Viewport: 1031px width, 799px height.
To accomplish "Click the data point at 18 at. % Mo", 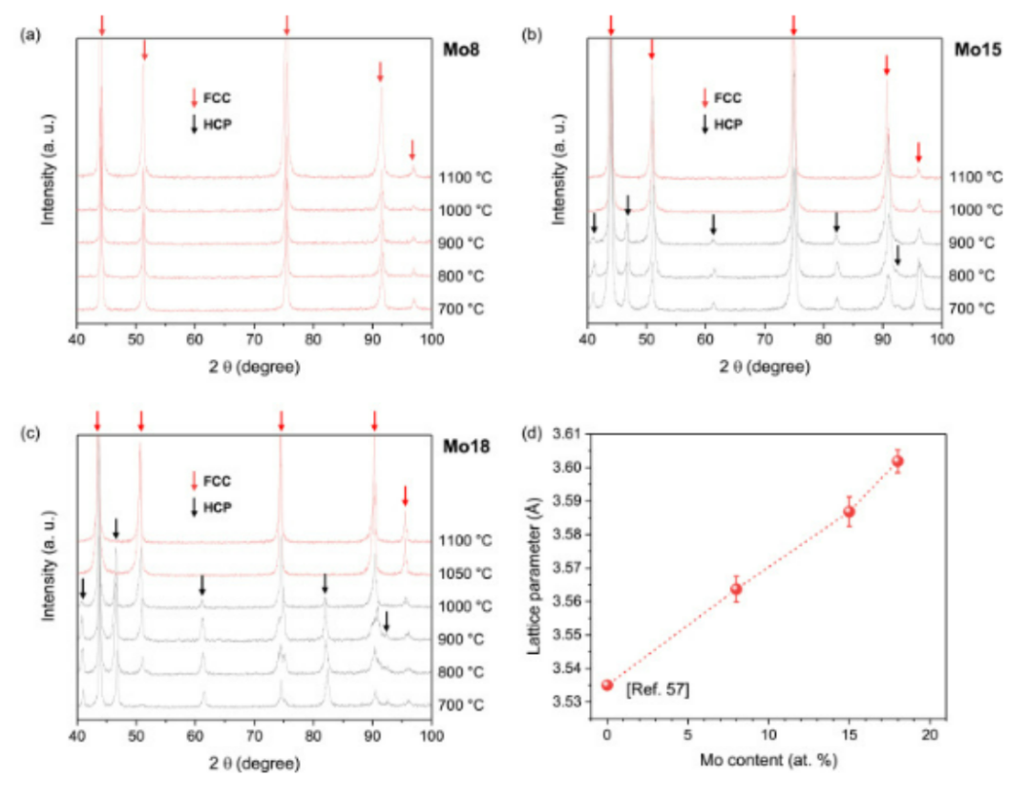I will (x=896, y=461).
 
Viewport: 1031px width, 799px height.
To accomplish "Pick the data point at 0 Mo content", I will (x=607, y=684).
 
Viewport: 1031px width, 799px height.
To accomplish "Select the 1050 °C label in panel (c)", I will (x=465, y=574).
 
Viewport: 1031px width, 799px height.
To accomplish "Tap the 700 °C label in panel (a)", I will (x=461, y=309).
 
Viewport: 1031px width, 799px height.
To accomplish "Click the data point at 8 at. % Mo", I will (x=736, y=588).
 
